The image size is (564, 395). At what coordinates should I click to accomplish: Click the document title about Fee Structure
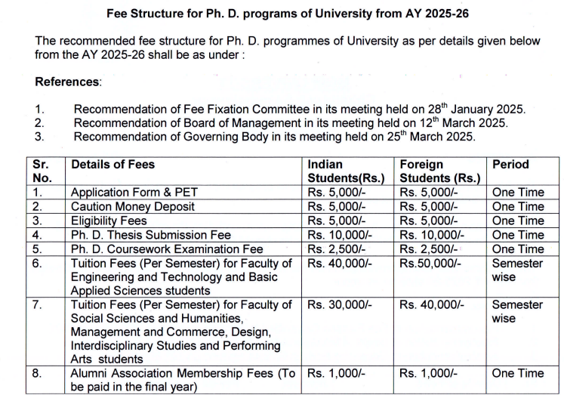(281, 14)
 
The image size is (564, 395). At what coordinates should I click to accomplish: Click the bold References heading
(67, 82)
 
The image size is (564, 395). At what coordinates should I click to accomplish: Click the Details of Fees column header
(112, 164)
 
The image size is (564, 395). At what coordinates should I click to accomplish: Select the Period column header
(510, 164)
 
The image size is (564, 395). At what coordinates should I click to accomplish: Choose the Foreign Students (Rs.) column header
(439, 171)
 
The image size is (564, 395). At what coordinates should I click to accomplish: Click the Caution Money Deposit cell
(133, 206)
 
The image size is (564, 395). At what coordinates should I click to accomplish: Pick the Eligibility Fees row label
(109, 221)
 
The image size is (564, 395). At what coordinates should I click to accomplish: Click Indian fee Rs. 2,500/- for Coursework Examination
(337, 249)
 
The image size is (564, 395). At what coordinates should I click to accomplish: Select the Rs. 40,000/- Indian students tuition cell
(340, 264)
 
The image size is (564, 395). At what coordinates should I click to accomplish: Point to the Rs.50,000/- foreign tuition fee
(432, 264)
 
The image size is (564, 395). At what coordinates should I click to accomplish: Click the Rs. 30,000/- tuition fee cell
(340, 305)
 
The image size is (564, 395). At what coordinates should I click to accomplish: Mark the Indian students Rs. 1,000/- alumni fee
(337, 374)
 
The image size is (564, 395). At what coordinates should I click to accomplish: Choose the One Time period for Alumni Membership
(517, 374)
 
